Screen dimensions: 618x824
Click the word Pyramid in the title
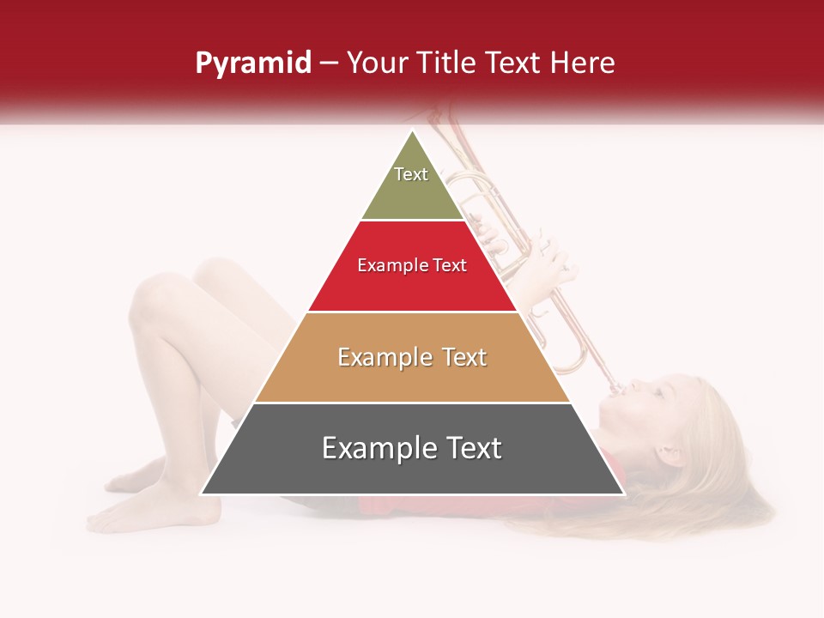[253, 64]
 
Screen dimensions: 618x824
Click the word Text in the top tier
[411, 174]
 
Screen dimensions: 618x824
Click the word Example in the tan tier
[375, 357]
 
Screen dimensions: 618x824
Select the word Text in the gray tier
[471, 448]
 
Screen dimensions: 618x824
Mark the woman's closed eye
[657, 391]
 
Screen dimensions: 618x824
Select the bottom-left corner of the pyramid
[203, 494]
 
